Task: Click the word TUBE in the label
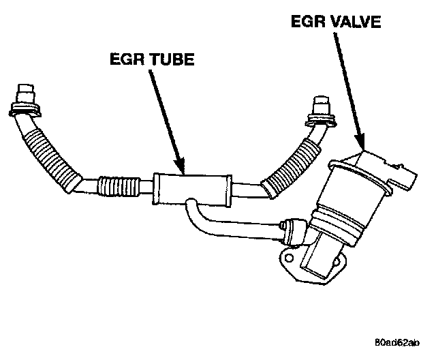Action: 170,59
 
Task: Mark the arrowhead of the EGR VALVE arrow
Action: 362,145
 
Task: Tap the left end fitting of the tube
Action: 25,102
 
